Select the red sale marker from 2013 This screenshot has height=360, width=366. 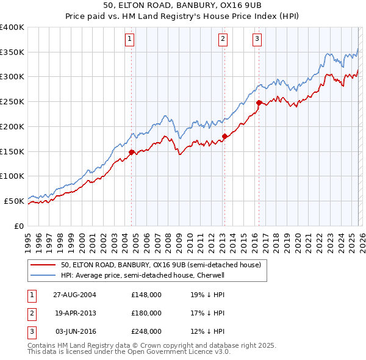click(x=224, y=136)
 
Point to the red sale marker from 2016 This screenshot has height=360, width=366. click(x=259, y=103)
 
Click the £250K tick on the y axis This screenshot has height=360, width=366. click(x=12, y=101)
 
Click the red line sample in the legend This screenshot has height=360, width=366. click(x=43, y=265)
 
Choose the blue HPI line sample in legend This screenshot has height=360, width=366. click(x=43, y=275)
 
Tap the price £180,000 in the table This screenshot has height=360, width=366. click(x=146, y=313)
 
